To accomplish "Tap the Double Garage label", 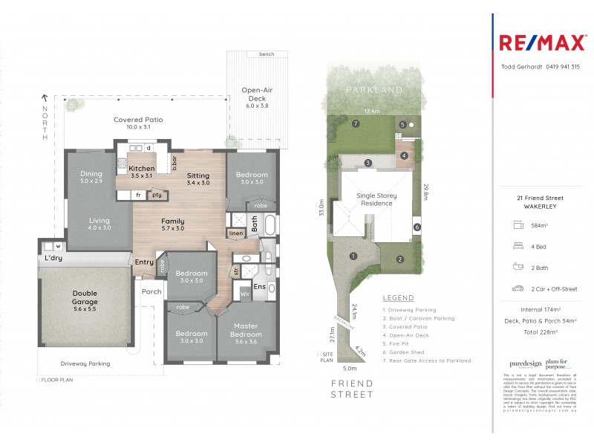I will [85, 297].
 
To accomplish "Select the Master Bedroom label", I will [246, 330].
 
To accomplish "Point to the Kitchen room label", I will [141, 169].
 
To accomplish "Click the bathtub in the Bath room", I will [269, 225].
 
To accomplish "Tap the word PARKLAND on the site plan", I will [374, 90].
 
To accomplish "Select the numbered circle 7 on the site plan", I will [356, 124].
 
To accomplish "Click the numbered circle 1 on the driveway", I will [353, 256].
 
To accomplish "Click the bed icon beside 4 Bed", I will [517, 245].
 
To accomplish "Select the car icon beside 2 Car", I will [517, 288].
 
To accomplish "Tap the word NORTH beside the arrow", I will [45, 123].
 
